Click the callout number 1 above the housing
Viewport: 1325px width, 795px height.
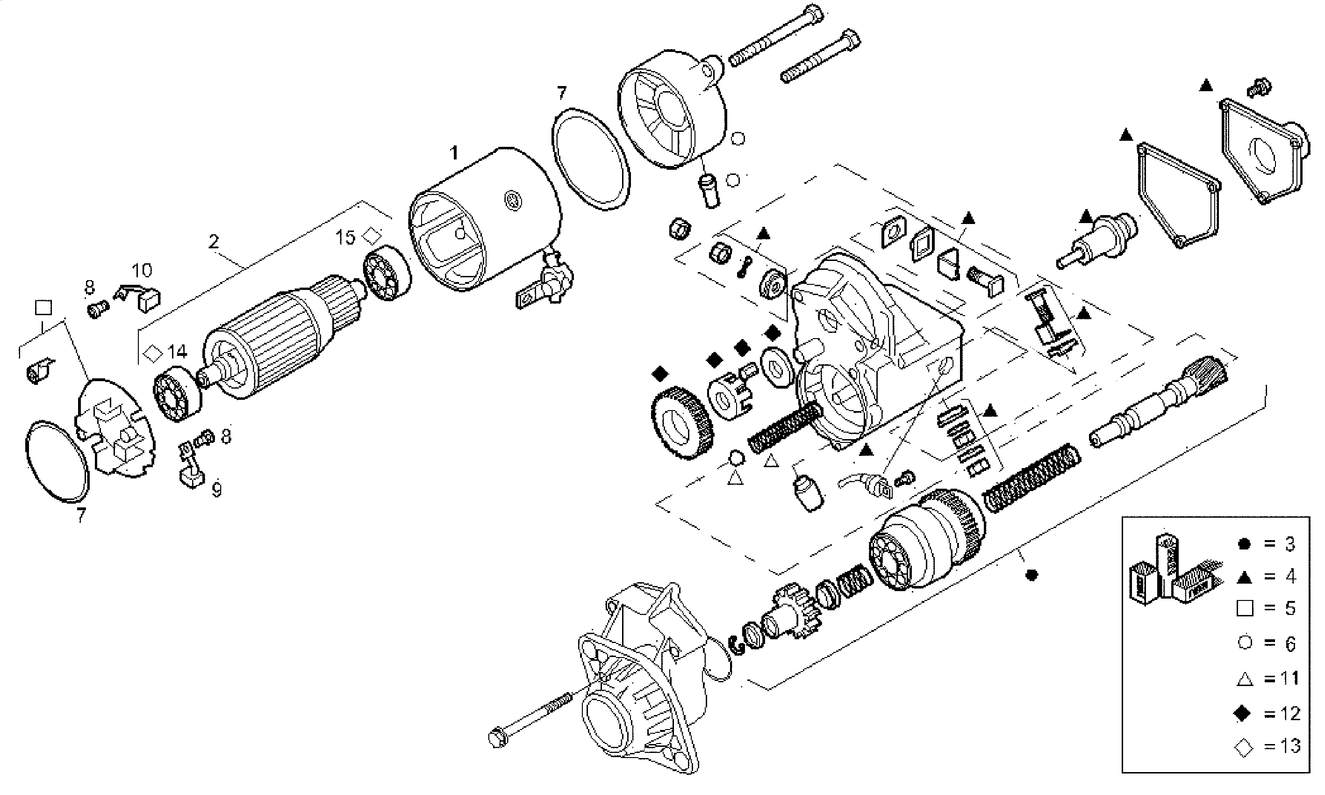(x=454, y=154)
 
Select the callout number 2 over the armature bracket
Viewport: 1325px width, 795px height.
(x=214, y=242)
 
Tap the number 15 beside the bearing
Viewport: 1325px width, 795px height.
(x=345, y=237)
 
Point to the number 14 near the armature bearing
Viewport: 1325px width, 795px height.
(x=177, y=352)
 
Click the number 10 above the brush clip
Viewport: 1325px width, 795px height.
(x=142, y=270)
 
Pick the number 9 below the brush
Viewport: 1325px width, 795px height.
(x=216, y=490)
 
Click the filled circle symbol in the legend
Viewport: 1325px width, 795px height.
(x=1245, y=544)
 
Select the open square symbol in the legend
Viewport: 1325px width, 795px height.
(x=1245, y=608)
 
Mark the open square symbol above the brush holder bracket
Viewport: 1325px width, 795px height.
(x=43, y=308)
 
